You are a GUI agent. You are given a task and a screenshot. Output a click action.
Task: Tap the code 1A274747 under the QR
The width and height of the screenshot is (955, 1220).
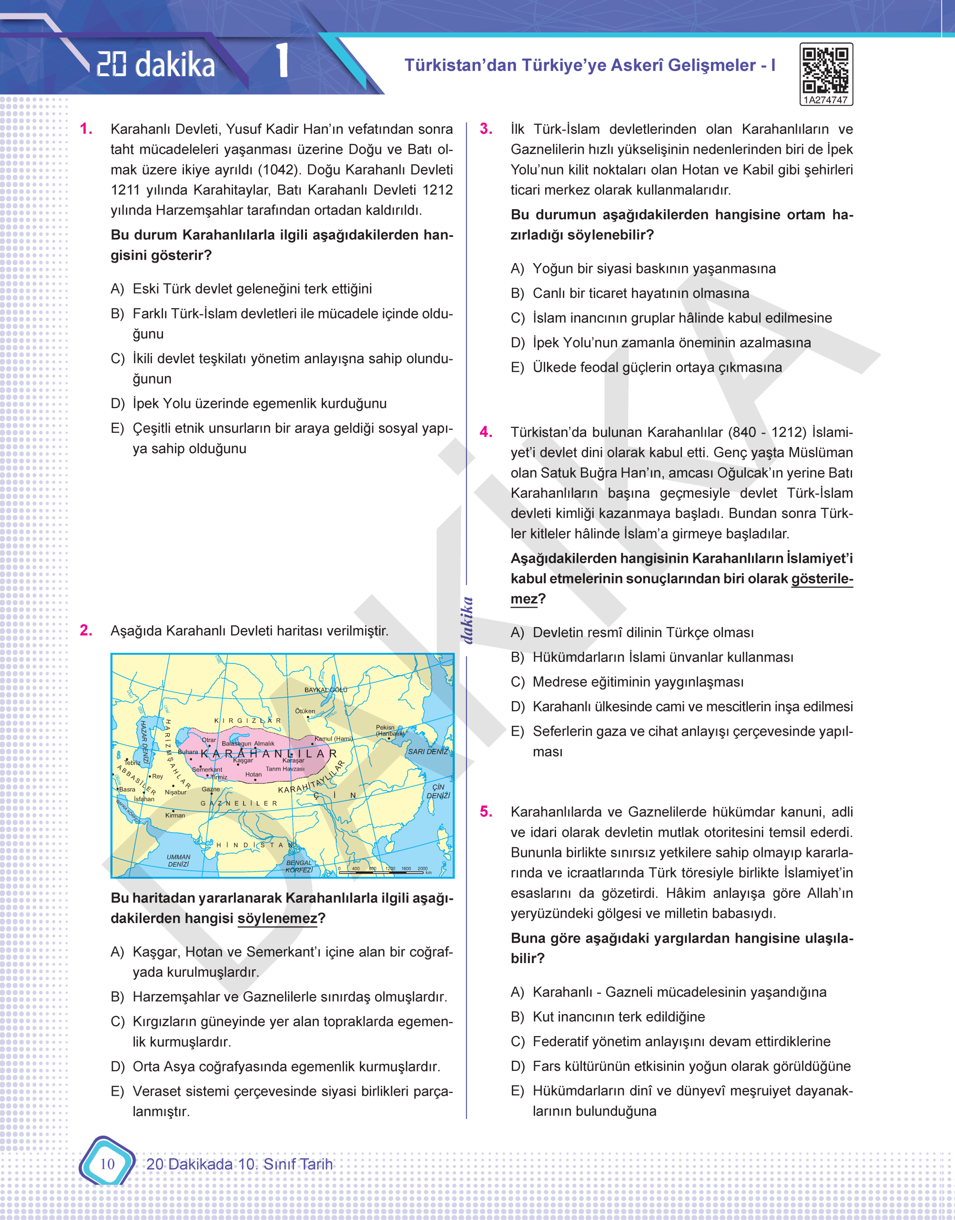pos(825,100)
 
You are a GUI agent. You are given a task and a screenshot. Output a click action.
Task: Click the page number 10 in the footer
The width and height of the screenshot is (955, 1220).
pos(107,1164)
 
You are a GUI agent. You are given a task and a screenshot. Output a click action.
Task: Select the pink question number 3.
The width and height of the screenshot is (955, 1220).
pos(486,129)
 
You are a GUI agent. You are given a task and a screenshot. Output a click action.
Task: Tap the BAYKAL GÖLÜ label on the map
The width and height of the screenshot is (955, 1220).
pos(325,690)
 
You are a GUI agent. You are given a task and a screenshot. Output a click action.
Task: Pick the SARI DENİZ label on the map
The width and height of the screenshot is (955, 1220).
pos(428,752)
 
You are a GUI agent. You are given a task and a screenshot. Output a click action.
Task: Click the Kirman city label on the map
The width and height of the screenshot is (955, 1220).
pos(175,815)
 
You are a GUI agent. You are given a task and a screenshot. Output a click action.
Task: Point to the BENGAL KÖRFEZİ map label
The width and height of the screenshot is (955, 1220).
pos(299,866)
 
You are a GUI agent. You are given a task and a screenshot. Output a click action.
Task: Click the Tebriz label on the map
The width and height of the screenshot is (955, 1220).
pos(132,762)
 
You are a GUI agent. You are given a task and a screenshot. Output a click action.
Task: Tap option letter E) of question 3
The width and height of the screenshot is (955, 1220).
pos(517,367)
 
